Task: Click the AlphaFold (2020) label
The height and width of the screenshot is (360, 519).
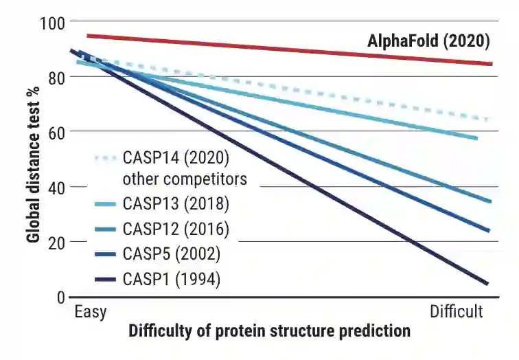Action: [x=428, y=41]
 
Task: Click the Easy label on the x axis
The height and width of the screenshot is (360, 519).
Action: [x=90, y=312]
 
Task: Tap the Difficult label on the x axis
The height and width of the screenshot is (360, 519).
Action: [x=457, y=312]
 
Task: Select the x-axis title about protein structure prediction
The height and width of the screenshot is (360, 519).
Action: [x=269, y=331]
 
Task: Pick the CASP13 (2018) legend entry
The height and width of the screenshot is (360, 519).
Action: [x=176, y=205]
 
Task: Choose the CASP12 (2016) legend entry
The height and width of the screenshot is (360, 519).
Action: [x=176, y=229]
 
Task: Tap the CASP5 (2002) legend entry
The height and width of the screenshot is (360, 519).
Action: [x=172, y=254]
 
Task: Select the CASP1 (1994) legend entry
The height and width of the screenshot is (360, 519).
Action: [x=172, y=280]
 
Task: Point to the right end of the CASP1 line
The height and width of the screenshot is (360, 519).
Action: [x=487, y=283]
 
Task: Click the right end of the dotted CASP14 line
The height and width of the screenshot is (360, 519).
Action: [x=489, y=119]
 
